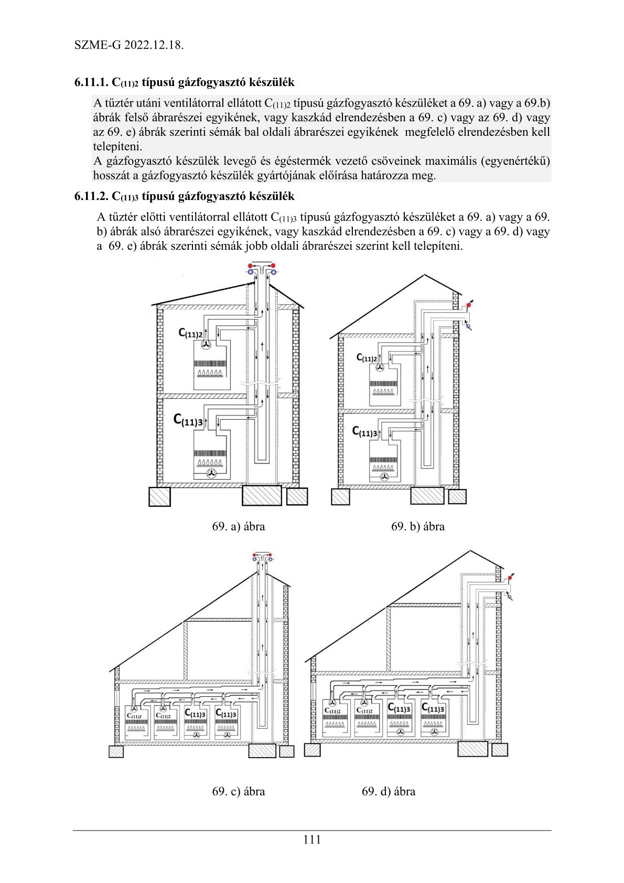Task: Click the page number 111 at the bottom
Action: pyautogui.click(x=311, y=839)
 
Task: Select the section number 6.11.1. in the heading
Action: pyautogui.click(x=91, y=82)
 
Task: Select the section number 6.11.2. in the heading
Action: pyautogui.click(x=91, y=196)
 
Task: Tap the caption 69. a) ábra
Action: pyautogui.click(x=238, y=526)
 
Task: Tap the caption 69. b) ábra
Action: pyautogui.click(x=417, y=526)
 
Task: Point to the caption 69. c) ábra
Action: pyautogui.click(x=238, y=791)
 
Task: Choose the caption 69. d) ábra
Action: pyautogui.click(x=388, y=791)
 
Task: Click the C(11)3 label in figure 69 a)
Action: pyautogui.click(x=188, y=420)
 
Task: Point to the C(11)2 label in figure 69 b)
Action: pyautogui.click(x=367, y=358)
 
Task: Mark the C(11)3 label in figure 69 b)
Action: pyautogui.click(x=364, y=432)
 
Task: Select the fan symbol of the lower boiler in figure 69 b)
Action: pyautogui.click(x=384, y=477)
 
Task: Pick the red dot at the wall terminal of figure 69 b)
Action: pyautogui.click(x=468, y=305)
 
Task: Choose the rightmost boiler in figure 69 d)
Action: pyautogui.click(x=433, y=719)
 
